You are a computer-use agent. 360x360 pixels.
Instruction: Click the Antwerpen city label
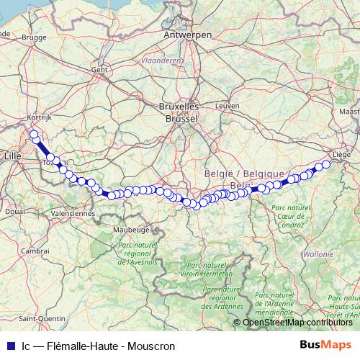pyautogui.click(x=188, y=35)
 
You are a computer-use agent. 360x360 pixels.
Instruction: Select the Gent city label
pyautogui.click(x=99, y=70)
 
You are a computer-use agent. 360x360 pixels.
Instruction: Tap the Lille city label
pyautogui.click(x=13, y=155)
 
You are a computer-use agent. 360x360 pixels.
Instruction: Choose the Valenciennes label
pyautogui.click(x=73, y=213)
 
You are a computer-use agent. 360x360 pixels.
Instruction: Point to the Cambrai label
pyautogui.click(x=35, y=250)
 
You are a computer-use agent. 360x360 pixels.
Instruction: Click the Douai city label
pyautogui.click(x=15, y=212)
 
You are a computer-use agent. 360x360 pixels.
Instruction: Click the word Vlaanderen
pyautogui.click(x=161, y=61)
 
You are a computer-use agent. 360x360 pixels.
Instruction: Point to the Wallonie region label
pyautogui.click(x=318, y=254)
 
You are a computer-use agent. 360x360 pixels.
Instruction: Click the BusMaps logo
pyautogui.click(x=325, y=344)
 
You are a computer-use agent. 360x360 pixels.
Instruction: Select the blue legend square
pyautogui.click(x=9, y=345)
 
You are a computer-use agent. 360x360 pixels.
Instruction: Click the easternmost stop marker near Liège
pyautogui.click(x=326, y=165)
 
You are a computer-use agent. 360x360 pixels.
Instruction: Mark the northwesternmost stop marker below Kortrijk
pyautogui.click(x=33, y=134)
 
